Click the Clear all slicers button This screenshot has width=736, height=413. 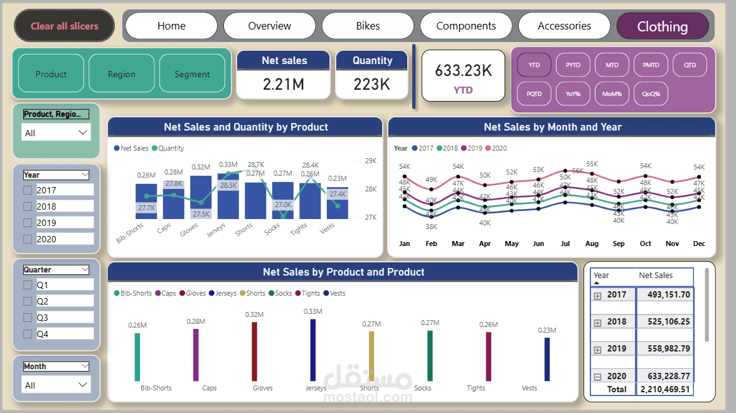pos(65,26)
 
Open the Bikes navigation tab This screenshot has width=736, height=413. pos(368,26)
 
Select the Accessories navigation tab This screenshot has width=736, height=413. pos(564,26)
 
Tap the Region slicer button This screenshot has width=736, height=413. pos(121,74)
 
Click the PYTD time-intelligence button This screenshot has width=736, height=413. pos(572,65)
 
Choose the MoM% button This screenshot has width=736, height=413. pos(611,94)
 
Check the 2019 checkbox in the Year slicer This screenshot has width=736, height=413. pos(28,223)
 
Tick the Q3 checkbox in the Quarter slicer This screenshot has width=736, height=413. pos(28,318)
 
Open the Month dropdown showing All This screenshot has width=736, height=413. pos(56,385)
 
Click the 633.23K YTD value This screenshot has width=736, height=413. pos(463,71)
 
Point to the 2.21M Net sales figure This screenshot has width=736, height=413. pos(284,84)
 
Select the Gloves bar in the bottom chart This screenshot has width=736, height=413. pos(255,351)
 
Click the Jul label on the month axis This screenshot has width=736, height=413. pos(565,244)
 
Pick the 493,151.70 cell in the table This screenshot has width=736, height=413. pos(665,294)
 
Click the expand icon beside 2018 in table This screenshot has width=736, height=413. pos(597,322)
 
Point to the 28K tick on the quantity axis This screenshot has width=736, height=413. pos(371,189)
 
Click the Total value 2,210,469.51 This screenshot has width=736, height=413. pos(665,389)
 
